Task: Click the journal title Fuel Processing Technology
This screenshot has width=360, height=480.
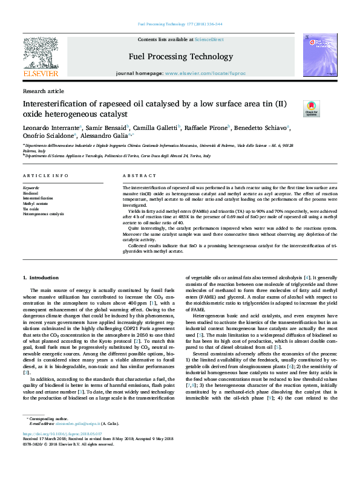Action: pyautogui.click(x=180, y=57)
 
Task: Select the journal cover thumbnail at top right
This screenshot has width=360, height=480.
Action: pyautogui.click(x=318, y=55)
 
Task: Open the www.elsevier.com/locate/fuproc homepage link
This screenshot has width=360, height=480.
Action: pyautogui.click(x=205, y=73)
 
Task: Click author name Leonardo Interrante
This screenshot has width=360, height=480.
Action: pyautogui.click(x=51, y=128)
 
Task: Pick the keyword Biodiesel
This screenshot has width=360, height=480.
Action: pyautogui.click(x=30, y=193)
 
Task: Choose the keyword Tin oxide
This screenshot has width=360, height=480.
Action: pyautogui.click(x=31, y=209)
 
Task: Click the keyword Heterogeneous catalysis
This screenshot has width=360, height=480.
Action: pyautogui.click(x=44, y=214)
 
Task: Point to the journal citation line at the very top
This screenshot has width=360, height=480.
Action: pyautogui.click(x=180, y=25)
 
